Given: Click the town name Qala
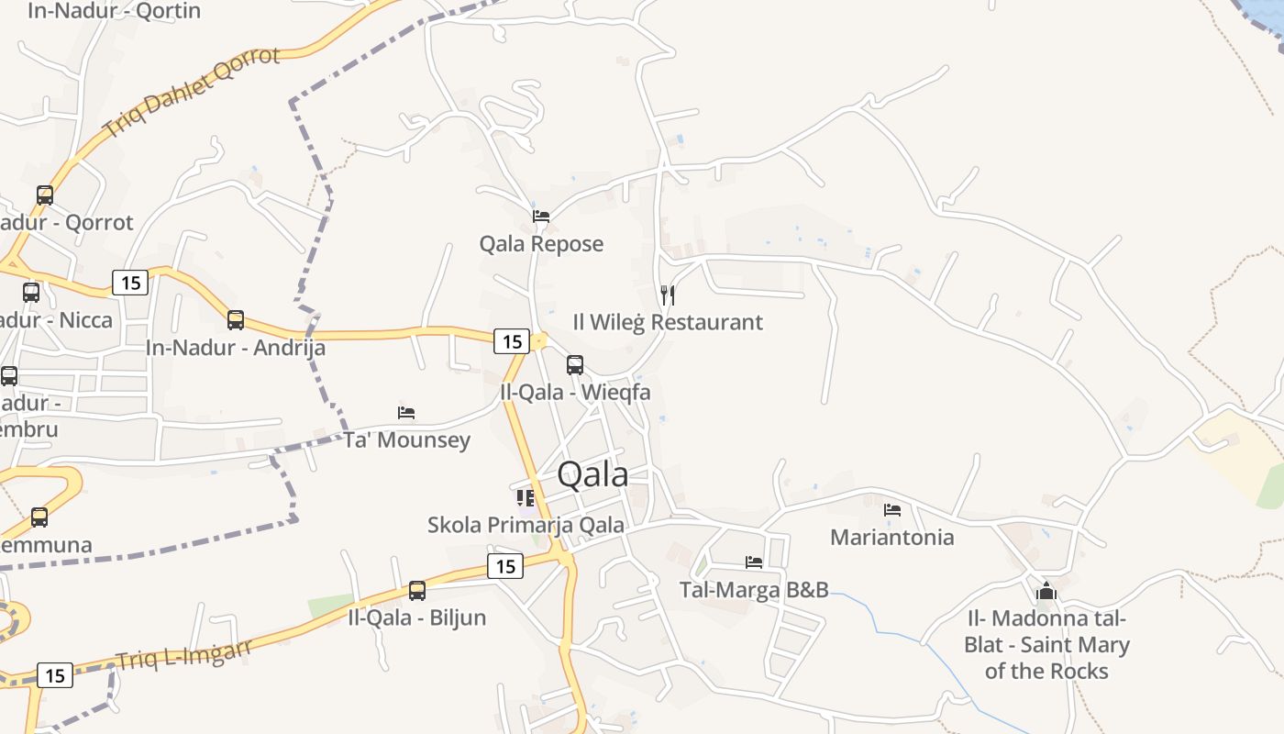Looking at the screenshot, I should [592, 474].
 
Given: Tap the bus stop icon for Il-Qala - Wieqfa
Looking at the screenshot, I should [575, 365].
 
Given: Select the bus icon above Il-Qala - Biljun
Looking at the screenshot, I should [417, 590].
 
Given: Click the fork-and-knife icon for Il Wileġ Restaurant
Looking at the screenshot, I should [668, 295].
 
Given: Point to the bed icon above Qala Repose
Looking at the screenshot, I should [541, 217].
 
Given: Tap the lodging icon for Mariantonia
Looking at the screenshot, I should [891, 509].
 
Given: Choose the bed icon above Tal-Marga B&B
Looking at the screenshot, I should [754, 562].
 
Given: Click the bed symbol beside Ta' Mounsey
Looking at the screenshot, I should [406, 412].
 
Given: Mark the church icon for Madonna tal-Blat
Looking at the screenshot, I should [1046, 591].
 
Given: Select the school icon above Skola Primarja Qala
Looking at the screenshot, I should [526, 497].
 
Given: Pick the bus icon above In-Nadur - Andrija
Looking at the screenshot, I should [236, 319].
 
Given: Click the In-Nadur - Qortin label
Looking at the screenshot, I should [114, 11].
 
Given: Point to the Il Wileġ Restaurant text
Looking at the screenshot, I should [668, 322].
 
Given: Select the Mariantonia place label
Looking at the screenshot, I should [891, 537].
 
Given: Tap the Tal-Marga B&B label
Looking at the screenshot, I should [754, 589].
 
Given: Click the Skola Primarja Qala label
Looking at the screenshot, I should [526, 525].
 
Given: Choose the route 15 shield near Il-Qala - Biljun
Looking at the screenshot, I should [505, 566].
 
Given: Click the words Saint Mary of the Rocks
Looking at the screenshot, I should [1046, 658].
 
